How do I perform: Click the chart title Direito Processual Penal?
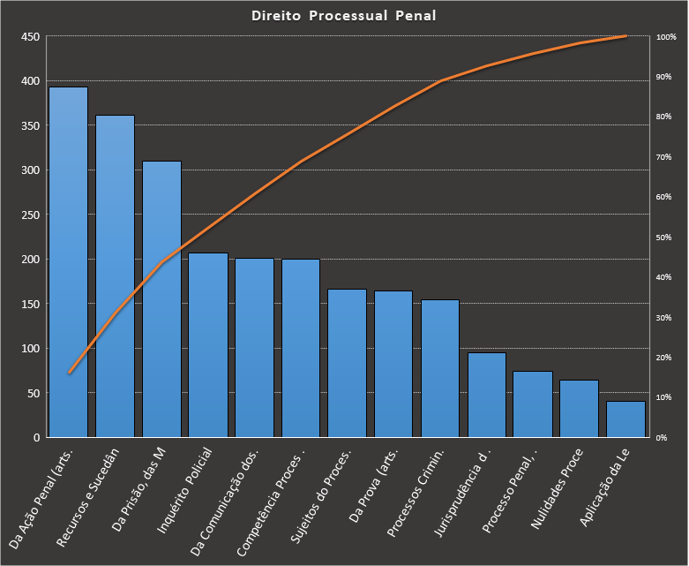pyautogui.click(x=344, y=16)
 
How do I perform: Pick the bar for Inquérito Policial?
pyautogui.click(x=208, y=344)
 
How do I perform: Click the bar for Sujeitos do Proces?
pyautogui.click(x=348, y=362)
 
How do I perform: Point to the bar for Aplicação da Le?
pyautogui.click(x=625, y=419)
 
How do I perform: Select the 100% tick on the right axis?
pyautogui.click(x=666, y=37)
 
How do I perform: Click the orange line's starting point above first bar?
pyautogui.click(x=69, y=373)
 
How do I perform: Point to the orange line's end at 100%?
pyautogui.click(x=625, y=36)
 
